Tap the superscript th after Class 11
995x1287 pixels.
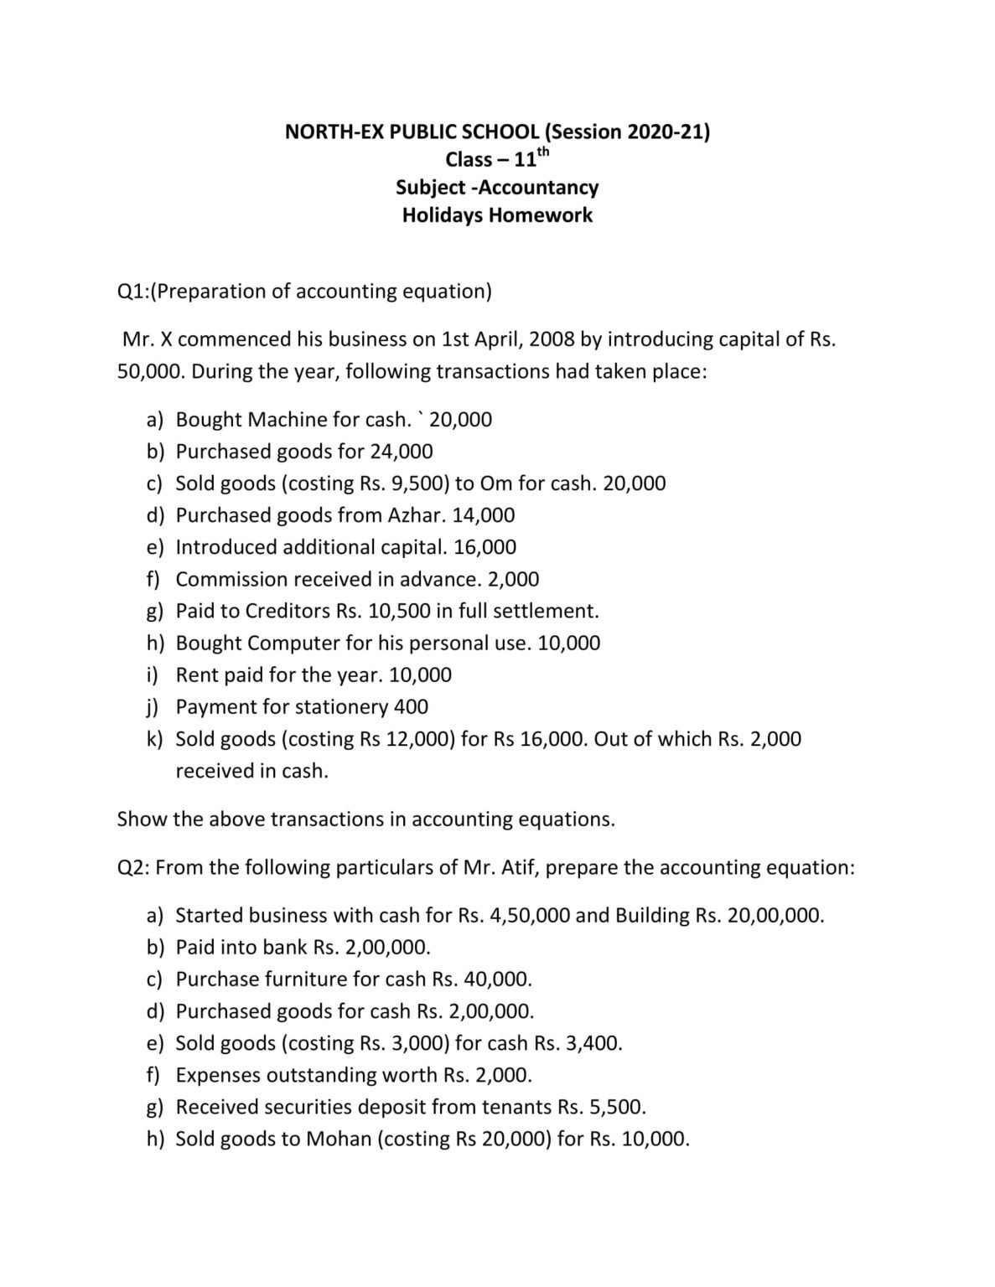(x=543, y=152)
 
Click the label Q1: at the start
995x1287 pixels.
(x=133, y=291)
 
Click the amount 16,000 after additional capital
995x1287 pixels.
(x=485, y=547)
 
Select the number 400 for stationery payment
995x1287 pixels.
(x=411, y=706)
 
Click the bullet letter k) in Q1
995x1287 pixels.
(x=155, y=739)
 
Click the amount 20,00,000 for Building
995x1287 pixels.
(x=775, y=915)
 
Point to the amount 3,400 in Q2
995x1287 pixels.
(x=596, y=1043)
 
